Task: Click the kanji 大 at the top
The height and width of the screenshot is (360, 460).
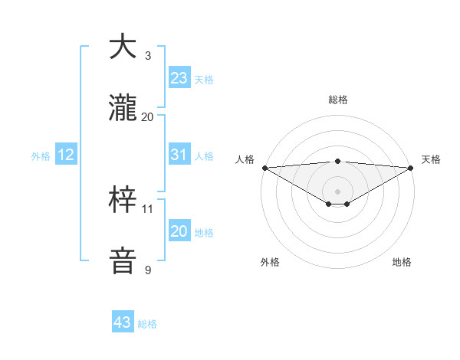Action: (123, 47)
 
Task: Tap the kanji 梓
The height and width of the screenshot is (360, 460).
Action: (123, 201)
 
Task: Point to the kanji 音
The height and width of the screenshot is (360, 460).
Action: (123, 260)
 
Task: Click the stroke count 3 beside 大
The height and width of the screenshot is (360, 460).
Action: (148, 56)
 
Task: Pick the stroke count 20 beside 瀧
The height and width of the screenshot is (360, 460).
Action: (148, 116)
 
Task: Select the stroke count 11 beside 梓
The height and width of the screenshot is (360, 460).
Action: (148, 208)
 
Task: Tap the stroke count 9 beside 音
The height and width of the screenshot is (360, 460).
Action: (148, 270)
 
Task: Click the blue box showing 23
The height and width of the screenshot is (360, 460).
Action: (179, 78)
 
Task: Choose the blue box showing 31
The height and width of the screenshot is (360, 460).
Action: (179, 155)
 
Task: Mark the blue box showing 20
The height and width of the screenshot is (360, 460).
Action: (179, 231)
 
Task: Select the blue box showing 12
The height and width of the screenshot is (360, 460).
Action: (66, 155)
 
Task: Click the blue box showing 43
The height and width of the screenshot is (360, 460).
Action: (123, 322)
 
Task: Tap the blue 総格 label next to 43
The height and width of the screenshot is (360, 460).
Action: (148, 324)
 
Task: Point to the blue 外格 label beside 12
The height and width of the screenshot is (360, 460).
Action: (41, 156)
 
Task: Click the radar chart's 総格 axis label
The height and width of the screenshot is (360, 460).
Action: (337, 100)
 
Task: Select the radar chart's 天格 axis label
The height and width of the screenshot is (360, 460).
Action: (432, 159)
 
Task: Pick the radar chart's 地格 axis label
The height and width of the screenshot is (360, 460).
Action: (402, 262)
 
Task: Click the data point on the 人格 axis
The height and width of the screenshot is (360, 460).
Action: (264, 168)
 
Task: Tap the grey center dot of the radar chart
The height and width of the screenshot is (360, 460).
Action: (337, 190)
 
